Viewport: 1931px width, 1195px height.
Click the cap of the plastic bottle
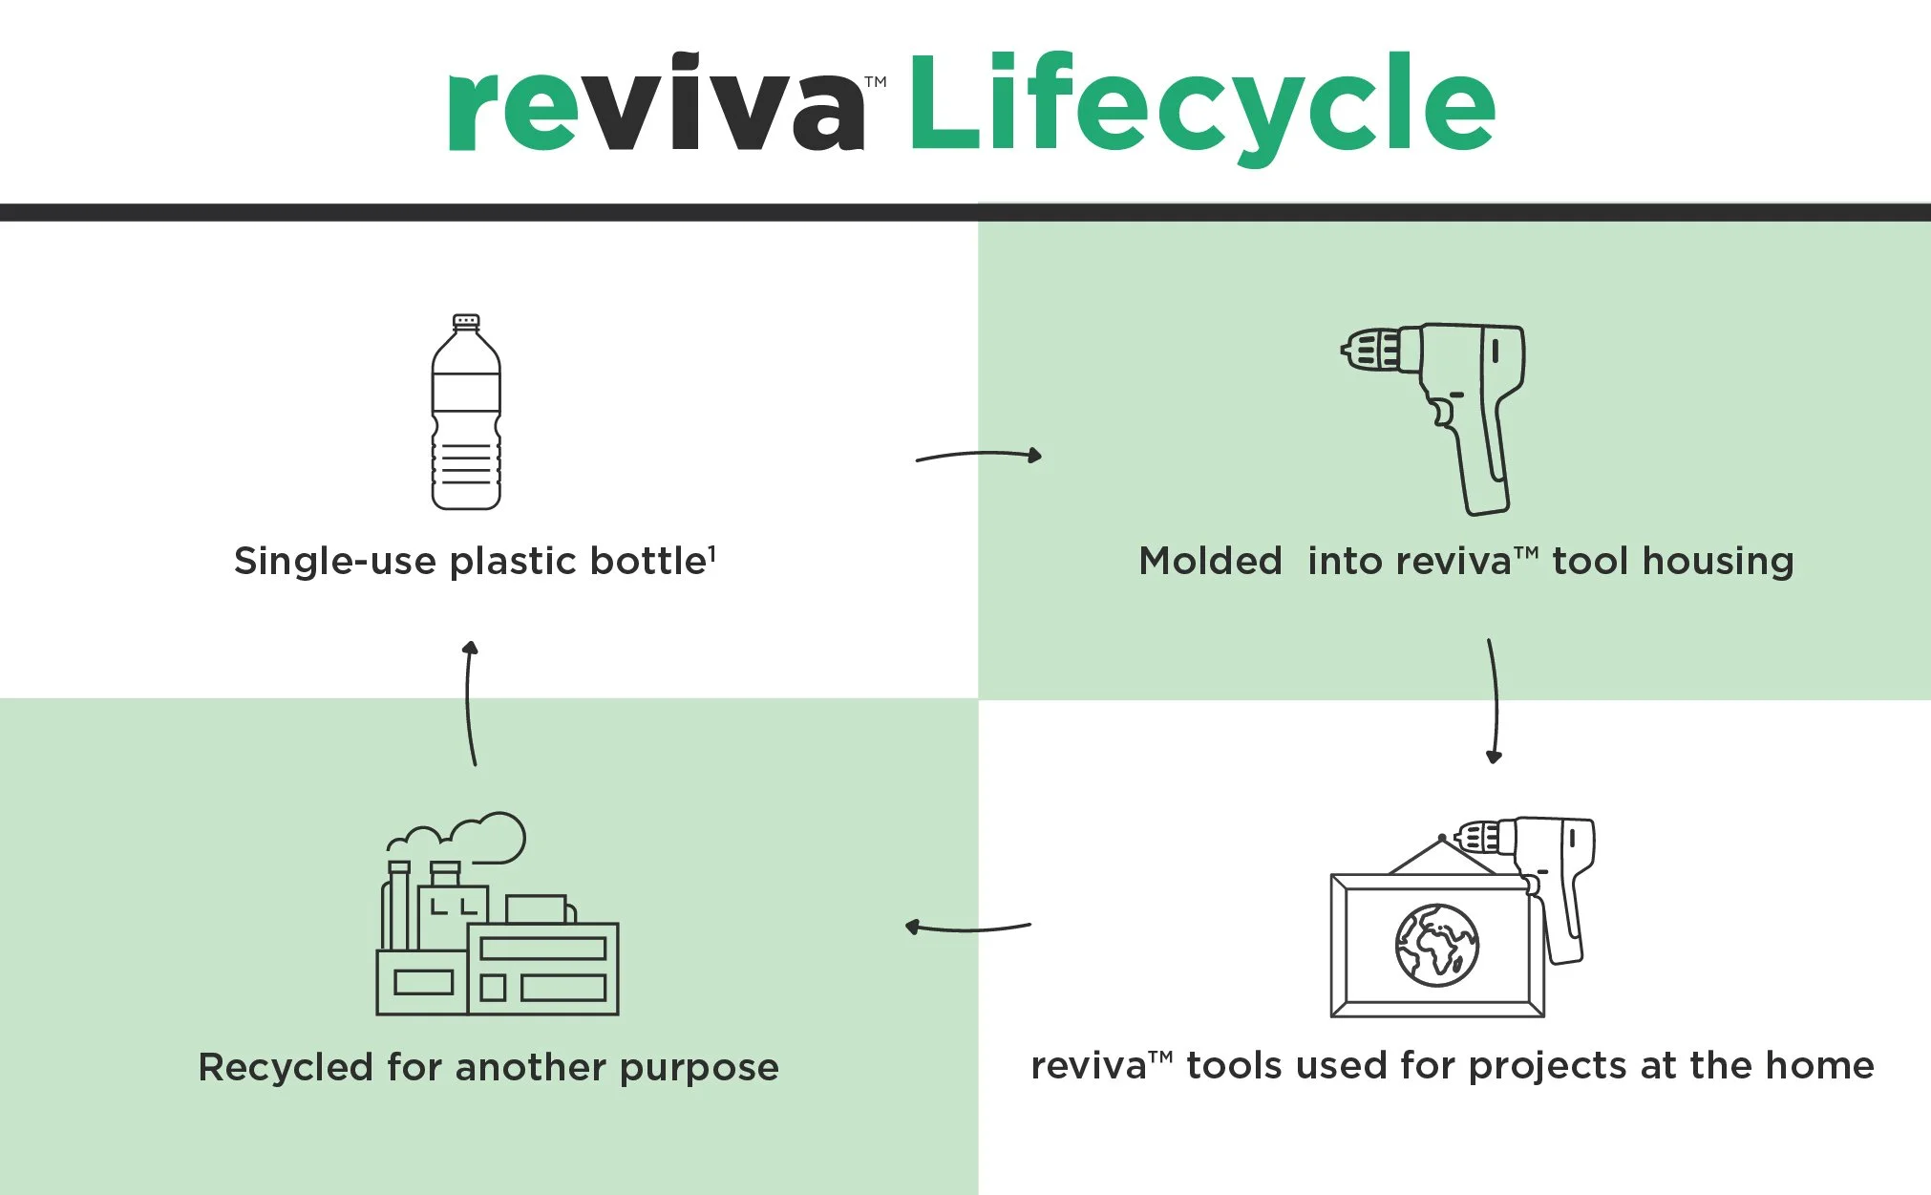466,322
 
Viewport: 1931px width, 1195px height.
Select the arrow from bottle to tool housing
979,456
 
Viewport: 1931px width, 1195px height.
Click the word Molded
1210,562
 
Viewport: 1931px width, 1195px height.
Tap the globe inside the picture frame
1436,946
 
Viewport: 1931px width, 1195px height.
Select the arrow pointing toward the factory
966,927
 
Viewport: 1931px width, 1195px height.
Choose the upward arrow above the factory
470,702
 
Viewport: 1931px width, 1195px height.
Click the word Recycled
286,1067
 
